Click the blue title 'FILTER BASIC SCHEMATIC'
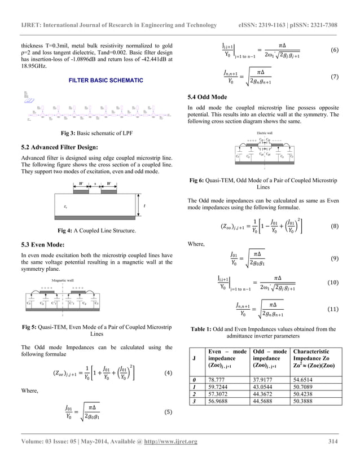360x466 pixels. (x=106, y=81)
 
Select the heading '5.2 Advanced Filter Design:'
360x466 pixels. (x=59, y=146)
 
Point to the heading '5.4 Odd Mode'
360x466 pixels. (x=207, y=98)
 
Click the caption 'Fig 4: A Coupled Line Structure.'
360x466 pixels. (x=98, y=231)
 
